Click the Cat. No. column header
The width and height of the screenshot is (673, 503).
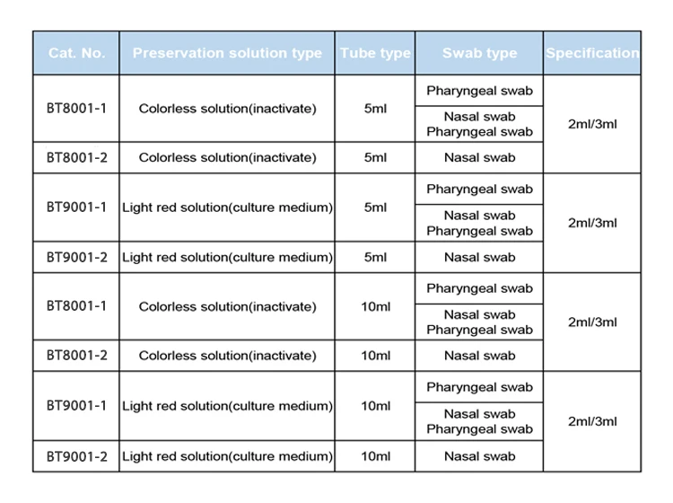tap(76, 53)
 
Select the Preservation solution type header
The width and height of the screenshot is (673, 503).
tap(227, 53)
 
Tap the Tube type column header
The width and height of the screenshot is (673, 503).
tap(375, 53)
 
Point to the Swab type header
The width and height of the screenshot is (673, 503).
tap(479, 53)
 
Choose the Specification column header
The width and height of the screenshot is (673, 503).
tap(592, 53)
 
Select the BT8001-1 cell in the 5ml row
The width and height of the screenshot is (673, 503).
tap(76, 109)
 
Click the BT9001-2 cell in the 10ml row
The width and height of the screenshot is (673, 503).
tap(76, 456)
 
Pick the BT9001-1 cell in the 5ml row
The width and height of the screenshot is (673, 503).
tap(76, 207)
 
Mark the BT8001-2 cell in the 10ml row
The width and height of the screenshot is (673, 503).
tap(76, 356)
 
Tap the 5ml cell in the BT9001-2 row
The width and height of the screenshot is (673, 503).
tap(375, 257)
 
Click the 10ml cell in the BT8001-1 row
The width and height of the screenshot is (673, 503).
tap(375, 306)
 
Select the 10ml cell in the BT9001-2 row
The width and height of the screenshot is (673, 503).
tap(375, 456)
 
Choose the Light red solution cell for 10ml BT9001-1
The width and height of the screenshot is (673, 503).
tap(227, 406)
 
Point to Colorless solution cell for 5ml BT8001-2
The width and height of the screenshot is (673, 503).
tap(227, 157)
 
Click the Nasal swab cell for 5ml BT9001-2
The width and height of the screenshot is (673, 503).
tap(479, 257)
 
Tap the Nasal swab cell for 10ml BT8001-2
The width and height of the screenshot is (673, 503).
tap(479, 356)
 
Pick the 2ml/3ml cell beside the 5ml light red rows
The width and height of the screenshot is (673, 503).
tap(592, 223)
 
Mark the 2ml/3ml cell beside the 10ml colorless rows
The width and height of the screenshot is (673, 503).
tap(592, 322)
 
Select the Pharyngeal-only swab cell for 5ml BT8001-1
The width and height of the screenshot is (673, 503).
tap(479, 91)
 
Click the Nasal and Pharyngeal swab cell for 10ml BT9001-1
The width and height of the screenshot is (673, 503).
tap(479, 421)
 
